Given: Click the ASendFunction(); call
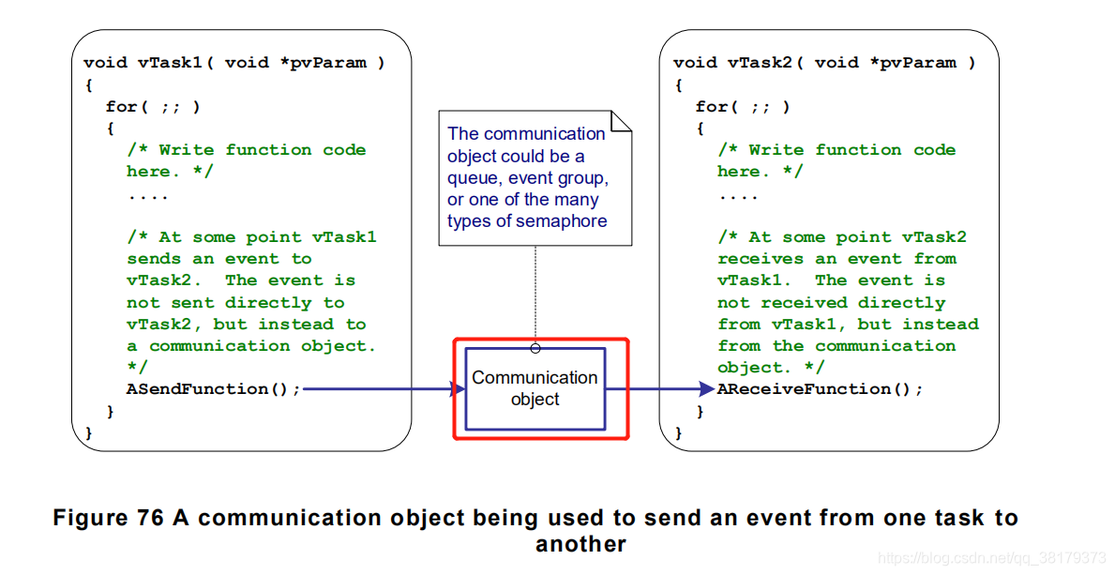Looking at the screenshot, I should click(214, 389).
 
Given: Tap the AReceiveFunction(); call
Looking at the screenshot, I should click(821, 389).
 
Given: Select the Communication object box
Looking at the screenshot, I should click(535, 388).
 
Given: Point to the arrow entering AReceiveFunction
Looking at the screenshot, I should click(664, 388).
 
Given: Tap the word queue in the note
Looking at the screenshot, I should click(474, 178).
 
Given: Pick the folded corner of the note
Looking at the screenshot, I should click(622, 120).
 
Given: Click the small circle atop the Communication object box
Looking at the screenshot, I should click(535, 348).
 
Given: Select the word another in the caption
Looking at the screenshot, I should click(580, 544).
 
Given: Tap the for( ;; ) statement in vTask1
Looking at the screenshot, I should click(153, 106).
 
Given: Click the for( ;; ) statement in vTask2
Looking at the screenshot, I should click(743, 106).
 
